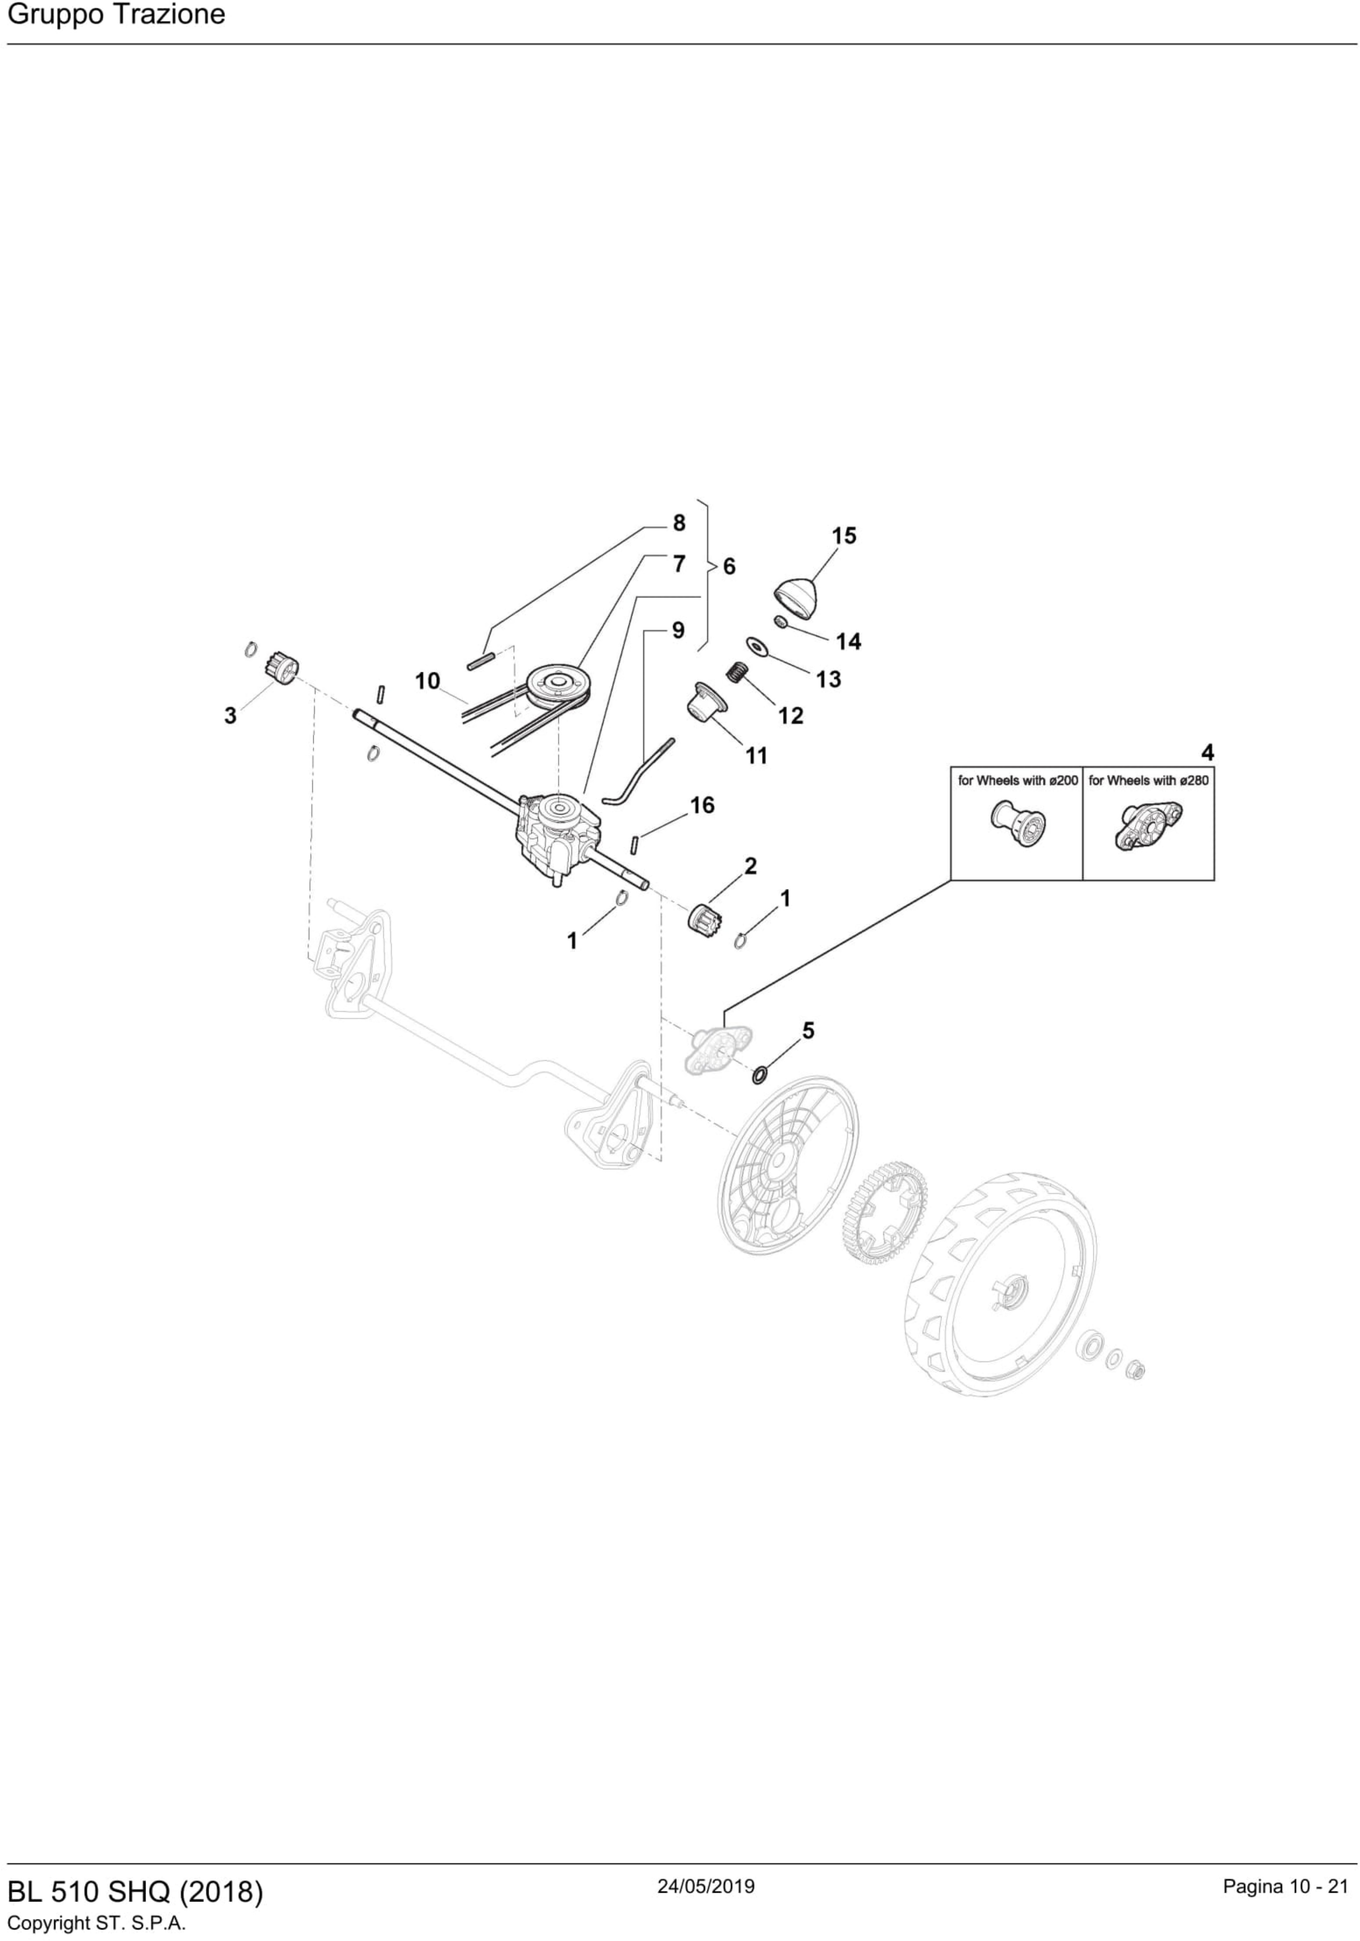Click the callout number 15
pos(844,536)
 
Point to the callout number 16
pos(702,805)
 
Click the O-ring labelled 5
pos(760,1075)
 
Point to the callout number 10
pos(428,681)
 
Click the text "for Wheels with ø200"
pos(1018,780)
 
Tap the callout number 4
pos(1207,752)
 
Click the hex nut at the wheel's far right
pos(1136,1370)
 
